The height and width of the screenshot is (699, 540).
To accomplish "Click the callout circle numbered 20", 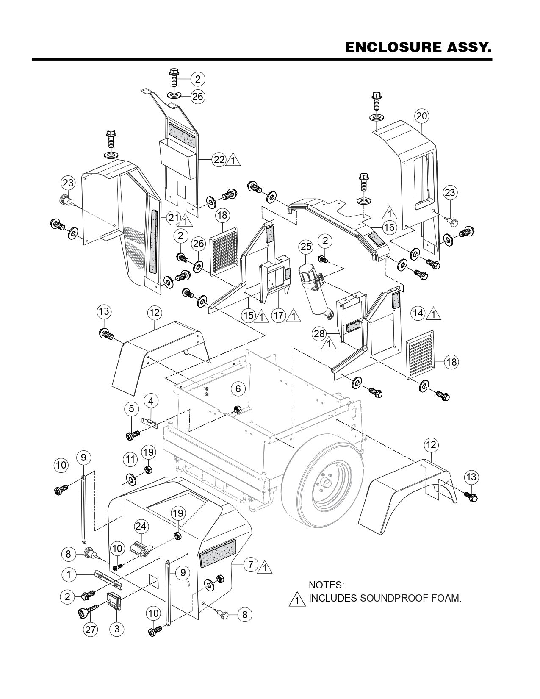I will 422,116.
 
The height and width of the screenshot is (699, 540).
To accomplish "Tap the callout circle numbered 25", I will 305,246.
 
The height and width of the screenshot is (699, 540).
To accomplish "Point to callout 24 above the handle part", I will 141,527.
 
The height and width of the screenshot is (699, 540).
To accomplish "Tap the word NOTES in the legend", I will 326,585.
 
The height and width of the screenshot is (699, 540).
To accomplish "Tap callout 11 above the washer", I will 130,459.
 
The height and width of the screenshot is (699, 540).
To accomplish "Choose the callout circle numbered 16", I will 389,227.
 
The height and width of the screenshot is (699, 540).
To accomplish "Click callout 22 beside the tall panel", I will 219,160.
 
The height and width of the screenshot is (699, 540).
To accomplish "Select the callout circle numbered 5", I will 132,408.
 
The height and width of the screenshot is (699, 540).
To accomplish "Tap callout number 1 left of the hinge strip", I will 69,574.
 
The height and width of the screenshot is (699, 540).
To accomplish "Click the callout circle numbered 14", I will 418,313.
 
